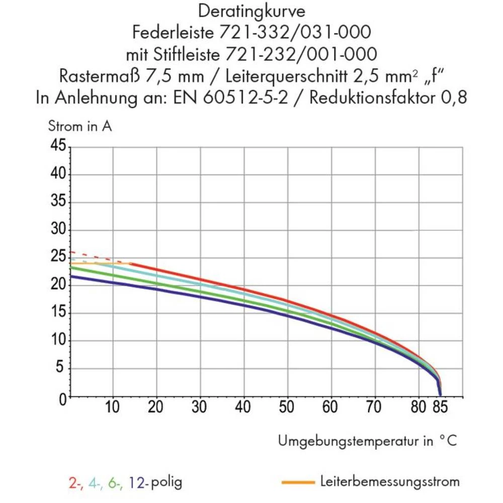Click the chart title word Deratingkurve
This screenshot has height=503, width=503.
pyautogui.click(x=251, y=11)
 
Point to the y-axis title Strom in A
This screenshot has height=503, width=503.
pyautogui.click(x=80, y=126)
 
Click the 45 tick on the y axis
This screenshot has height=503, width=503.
pyautogui.click(x=60, y=147)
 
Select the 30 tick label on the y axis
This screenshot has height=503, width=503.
pyautogui.click(x=60, y=230)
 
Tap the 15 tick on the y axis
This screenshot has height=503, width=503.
pyautogui.click(x=60, y=314)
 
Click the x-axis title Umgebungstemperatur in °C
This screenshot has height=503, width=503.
pyautogui.click(x=368, y=442)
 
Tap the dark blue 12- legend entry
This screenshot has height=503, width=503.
pyautogui.click(x=137, y=483)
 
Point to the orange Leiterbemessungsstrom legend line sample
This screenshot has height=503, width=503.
pyautogui.click(x=298, y=482)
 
